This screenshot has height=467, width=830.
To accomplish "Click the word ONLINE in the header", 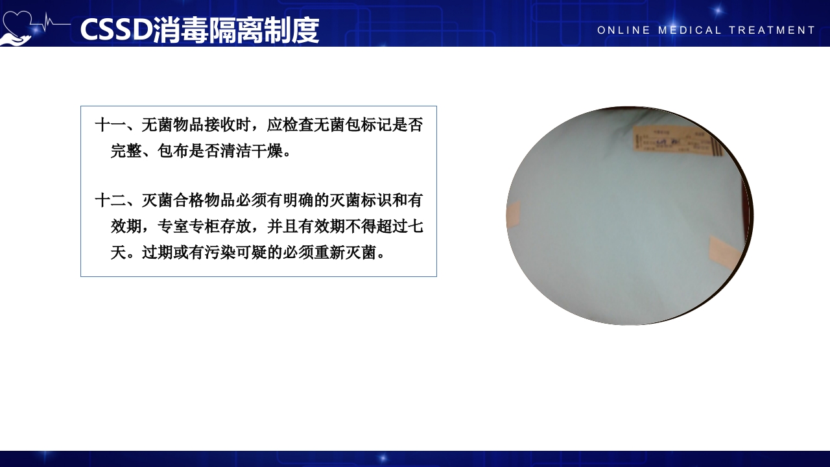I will pos(622,30).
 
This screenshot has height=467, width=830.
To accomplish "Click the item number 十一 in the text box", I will pos(111,125).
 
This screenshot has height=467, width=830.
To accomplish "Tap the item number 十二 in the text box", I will pos(111,200).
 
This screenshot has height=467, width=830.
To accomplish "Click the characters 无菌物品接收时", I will pos(196,125).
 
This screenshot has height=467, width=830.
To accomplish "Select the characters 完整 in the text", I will pos(126,152).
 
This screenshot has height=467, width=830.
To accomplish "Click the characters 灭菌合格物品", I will pos(189,200).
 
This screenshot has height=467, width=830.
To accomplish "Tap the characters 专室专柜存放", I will pos(204,226).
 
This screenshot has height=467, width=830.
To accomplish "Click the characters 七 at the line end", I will pos(416,226).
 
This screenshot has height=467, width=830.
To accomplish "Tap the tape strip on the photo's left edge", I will pos(514,215).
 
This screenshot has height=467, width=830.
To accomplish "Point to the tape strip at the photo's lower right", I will pos(724,253).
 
